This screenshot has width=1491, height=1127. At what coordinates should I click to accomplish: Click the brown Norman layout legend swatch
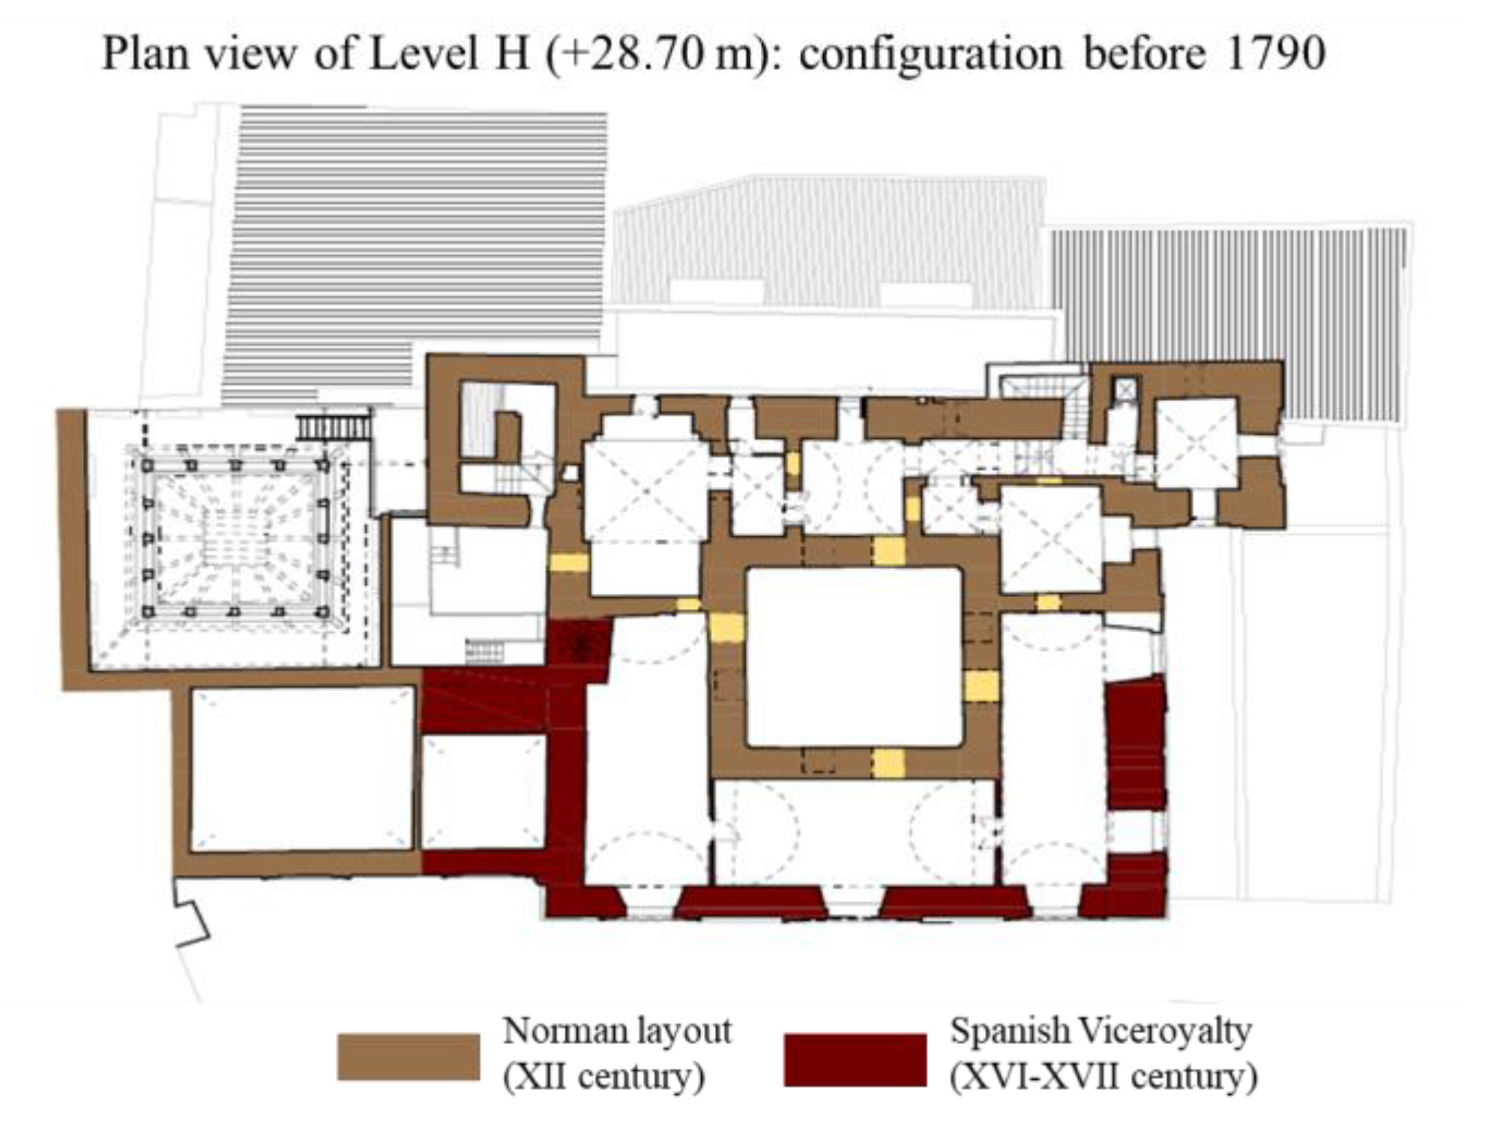[409, 1057]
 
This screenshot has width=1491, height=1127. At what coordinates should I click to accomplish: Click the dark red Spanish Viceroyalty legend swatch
[855, 1060]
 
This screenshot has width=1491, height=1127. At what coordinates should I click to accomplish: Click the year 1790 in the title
[1275, 54]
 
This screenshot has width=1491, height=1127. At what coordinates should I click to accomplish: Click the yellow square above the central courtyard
[889, 551]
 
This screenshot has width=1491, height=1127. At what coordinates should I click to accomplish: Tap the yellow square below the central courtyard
[889, 763]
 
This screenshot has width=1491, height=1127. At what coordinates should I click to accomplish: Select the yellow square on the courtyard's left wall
[727, 628]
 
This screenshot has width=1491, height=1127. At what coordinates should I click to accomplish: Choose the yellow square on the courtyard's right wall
[981, 687]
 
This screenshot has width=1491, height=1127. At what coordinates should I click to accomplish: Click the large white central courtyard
[854, 657]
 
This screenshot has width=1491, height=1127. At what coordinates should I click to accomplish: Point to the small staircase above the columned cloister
[334, 426]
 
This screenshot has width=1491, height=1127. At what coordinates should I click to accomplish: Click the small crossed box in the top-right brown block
[1125, 390]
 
